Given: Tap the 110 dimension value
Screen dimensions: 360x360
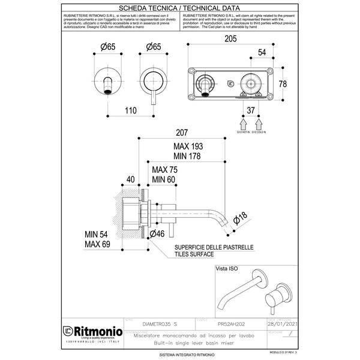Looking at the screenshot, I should point(131,110).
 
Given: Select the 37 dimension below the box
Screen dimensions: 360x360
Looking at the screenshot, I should point(251,110).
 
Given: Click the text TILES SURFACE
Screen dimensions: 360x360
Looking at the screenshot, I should point(195,254).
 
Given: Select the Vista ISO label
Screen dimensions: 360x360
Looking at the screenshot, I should point(227,270).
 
